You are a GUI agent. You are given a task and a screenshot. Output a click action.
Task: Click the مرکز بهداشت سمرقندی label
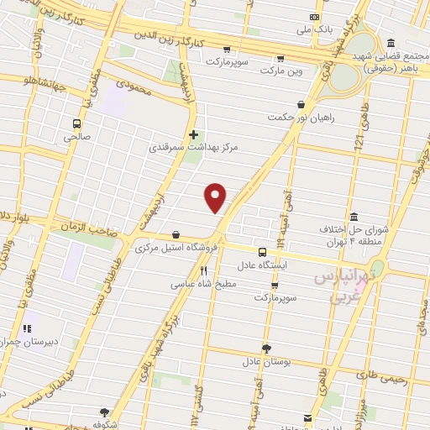(194, 146)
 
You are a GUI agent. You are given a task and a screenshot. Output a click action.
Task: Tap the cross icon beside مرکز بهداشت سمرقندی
(193, 134)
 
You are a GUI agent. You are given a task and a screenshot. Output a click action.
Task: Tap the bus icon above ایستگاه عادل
(262, 252)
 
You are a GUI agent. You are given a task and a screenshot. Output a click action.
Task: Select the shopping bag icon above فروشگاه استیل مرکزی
(176, 235)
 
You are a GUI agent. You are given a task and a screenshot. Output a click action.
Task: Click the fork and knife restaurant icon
(203, 271)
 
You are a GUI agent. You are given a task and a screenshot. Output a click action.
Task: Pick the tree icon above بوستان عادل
(266, 348)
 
